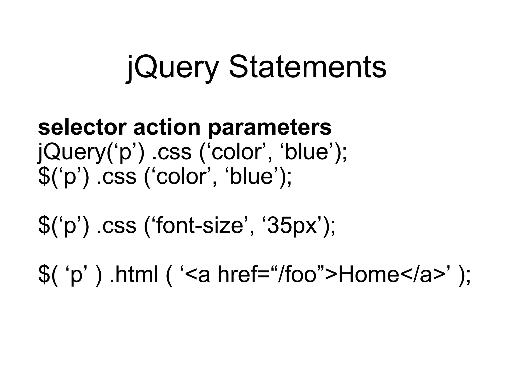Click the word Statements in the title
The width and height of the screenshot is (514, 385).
(307, 67)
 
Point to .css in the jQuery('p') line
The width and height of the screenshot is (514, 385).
(172, 152)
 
